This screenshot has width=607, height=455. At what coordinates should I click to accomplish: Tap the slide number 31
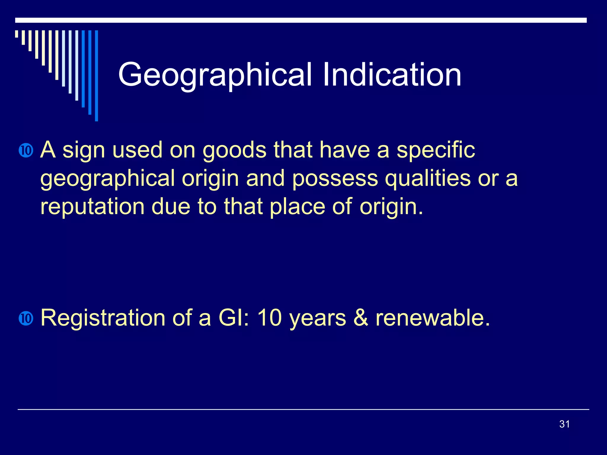[x=564, y=424]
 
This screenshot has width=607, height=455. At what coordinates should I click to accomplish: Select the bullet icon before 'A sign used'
[x=26, y=150]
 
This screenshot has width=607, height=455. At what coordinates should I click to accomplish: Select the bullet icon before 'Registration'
[x=26, y=318]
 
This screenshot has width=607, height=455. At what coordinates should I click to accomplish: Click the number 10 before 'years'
[x=269, y=318]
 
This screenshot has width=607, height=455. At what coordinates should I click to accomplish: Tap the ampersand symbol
[x=361, y=318]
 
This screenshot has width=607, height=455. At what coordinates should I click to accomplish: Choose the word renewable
[x=433, y=318]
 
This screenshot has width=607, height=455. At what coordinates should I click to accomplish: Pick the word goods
[x=234, y=150]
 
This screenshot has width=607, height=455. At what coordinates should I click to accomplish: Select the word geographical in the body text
[x=108, y=179]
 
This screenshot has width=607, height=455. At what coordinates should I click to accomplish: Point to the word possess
[x=335, y=179]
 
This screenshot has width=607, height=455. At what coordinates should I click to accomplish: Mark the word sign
[x=84, y=150]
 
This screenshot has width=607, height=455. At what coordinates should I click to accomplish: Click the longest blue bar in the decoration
[x=96, y=76]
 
